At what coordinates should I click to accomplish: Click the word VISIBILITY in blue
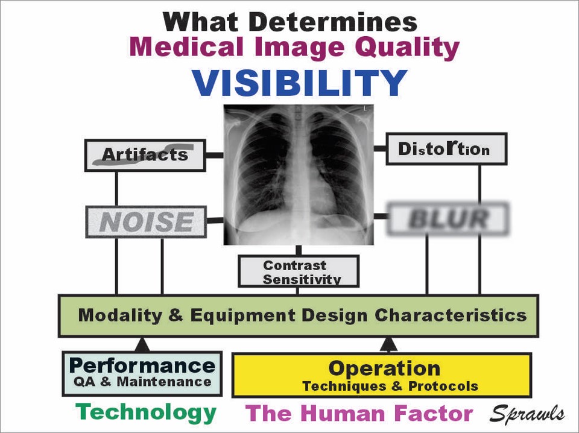pyautogui.click(x=300, y=83)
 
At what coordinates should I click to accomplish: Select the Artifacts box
pyautogui.click(x=145, y=156)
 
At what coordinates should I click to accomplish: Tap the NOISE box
pyautogui.click(x=146, y=222)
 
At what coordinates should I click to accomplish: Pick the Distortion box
pyautogui.click(x=446, y=149)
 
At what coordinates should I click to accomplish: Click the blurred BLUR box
pyautogui.click(x=448, y=219)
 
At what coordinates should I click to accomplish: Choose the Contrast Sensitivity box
pyautogui.click(x=299, y=271)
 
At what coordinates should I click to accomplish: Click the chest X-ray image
pyautogui.click(x=299, y=175)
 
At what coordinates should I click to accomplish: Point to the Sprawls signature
pyautogui.click(x=527, y=414)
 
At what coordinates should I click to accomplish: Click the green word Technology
pyautogui.click(x=146, y=412)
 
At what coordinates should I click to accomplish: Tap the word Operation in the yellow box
pyautogui.click(x=384, y=368)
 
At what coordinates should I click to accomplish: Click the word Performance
pyautogui.click(x=142, y=366)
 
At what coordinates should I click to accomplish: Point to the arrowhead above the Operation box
pyautogui.click(x=388, y=344)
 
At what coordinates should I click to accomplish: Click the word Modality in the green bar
pyautogui.click(x=120, y=315)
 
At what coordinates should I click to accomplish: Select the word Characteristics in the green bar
pyautogui.click(x=451, y=315)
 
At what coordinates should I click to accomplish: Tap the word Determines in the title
pyautogui.click(x=333, y=22)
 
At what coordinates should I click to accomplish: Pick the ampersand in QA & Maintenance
pyautogui.click(x=106, y=382)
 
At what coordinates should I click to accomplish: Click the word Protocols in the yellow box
pyautogui.click(x=443, y=386)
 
